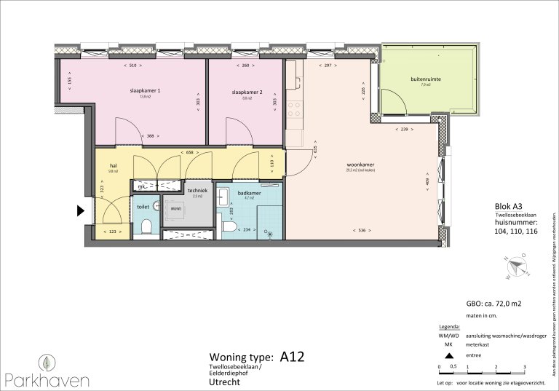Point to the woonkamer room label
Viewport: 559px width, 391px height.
coord(360,164)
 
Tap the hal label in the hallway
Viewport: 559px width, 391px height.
coord(113,165)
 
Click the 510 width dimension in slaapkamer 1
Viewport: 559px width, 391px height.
coord(132,66)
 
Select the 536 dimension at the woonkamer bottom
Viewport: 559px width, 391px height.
coord(361,231)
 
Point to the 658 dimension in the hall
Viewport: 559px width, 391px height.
coord(189,153)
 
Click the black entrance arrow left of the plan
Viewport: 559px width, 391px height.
coord(80,212)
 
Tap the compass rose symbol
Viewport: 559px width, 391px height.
coord(518,266)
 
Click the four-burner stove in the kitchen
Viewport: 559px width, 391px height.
coord(295,109)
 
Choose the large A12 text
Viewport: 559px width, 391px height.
coord(291,357)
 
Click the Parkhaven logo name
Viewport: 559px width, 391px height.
coord(47,379)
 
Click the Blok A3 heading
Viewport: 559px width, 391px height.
coord(499,207)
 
